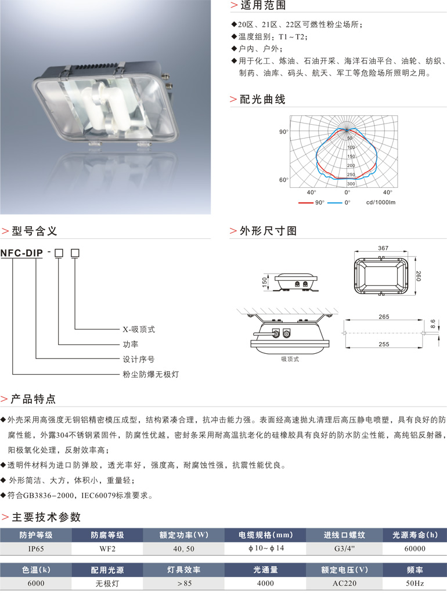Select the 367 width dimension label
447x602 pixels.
(x=383, y=248)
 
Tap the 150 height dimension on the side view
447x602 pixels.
(x=264, y=281)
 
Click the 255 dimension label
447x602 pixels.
(x=383, y=344)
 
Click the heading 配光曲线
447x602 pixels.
(x=262, y=99)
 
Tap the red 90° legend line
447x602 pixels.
(x=306, y=203)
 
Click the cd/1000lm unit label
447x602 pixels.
(x=381, y=203)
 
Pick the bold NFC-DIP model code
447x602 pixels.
(x=21, y=253)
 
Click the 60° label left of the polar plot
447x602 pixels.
(x=283, y=180)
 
